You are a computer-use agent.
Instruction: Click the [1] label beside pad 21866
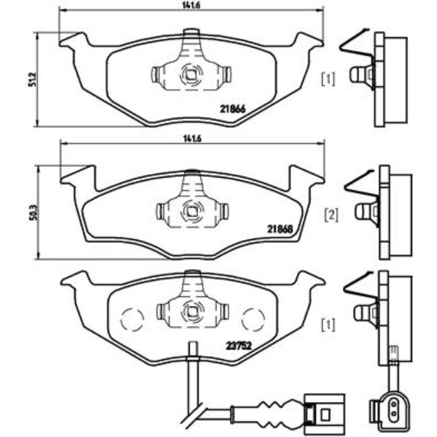click(327, 79)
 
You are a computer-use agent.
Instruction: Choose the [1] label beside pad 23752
click(328, 326)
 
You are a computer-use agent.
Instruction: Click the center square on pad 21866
click(192, 75)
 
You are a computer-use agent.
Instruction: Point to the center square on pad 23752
click(192, 311)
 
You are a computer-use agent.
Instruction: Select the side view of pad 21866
click(376, 78)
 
